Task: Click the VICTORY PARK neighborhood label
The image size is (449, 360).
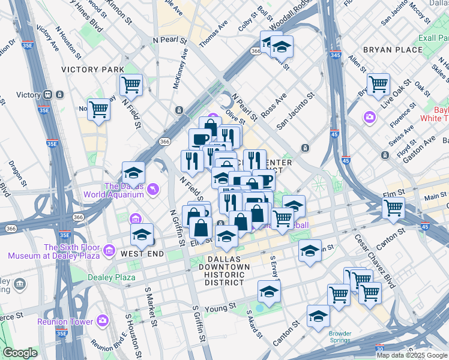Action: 92,70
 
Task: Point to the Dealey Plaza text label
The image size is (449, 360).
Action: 112,277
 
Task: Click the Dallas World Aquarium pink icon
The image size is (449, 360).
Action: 154,189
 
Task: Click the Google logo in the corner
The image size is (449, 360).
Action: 20,353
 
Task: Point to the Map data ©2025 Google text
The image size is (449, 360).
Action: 412,355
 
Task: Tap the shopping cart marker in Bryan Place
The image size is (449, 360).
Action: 378,85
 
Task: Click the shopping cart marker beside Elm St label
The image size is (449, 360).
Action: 394,208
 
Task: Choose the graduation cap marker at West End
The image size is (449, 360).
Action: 142,235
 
